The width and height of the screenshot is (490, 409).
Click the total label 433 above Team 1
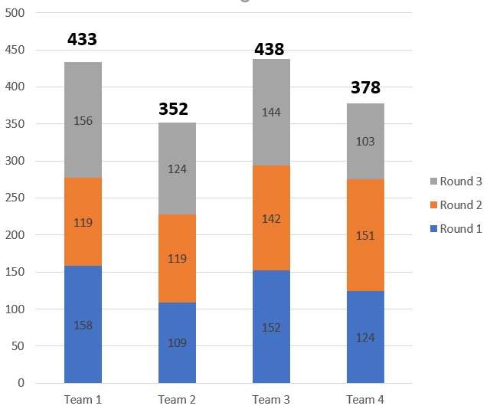(83, 39)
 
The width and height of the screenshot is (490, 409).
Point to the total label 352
(174, 109)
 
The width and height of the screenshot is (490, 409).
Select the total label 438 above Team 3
(269, 50)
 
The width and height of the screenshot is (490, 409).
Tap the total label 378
(365, 88)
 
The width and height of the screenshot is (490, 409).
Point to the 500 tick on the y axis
(16, 14)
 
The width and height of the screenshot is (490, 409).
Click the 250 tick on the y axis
(16, 198)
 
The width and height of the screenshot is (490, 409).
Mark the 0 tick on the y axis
(22, 383)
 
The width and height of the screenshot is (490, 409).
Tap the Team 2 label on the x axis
(177, 399)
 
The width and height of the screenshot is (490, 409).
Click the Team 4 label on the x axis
(365, 399)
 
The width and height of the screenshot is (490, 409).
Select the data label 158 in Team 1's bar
(83, 326)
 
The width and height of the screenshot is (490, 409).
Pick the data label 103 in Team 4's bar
(365, 142)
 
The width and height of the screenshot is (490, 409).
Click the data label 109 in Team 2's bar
(177, 342)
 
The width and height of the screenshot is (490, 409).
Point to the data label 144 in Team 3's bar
(271, 113)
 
